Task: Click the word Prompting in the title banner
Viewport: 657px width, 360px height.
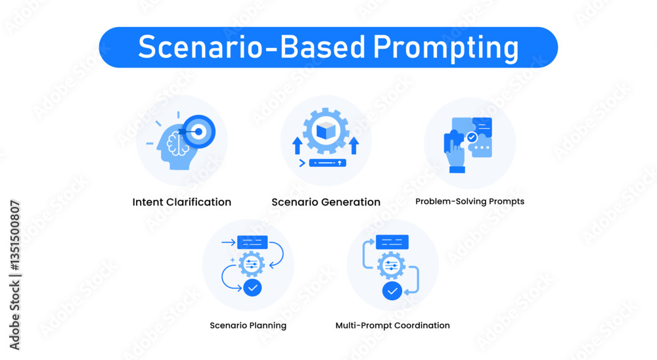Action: pyautogui.click(x=445, y=47)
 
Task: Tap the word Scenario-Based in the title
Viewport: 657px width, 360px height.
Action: pyautogui.click(x=252, y=46)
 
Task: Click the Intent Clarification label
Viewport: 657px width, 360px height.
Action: pyautogui.click(x=182, y=202)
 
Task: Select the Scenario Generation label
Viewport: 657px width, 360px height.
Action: pyautogui.click(x=326, y=202)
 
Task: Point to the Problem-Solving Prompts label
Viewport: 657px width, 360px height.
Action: pyautogui.click(x=470, y=202)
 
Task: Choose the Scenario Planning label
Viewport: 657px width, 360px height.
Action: pyautogui.click(x=248, y=326)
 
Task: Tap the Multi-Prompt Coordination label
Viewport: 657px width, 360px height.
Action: pyautogui.click(x=393, y=326)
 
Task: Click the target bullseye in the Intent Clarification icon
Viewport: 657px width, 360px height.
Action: pyautogui.click(x=198, y=131)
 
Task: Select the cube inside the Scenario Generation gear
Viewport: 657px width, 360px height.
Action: pyautogui.click(x=326, y=131)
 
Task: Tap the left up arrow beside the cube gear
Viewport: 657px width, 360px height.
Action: pyautogui.click(x=298, y=145)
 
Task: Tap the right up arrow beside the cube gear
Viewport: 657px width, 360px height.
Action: pyautogui.click(x=354, y=145)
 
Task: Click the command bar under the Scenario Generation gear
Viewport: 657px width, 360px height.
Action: pyautogui.click(x=327, y=163)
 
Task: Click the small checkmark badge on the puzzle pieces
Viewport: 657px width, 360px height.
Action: pyautogui.click(x=472, y=137)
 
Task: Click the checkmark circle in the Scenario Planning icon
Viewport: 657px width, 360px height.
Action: pyautogui.click(x=253, y=288)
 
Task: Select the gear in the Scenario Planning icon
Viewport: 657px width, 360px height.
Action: pyautogui.click(x=252, y=265)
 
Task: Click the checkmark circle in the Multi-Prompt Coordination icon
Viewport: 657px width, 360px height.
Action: pyautogui.click(x=392, y=291)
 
